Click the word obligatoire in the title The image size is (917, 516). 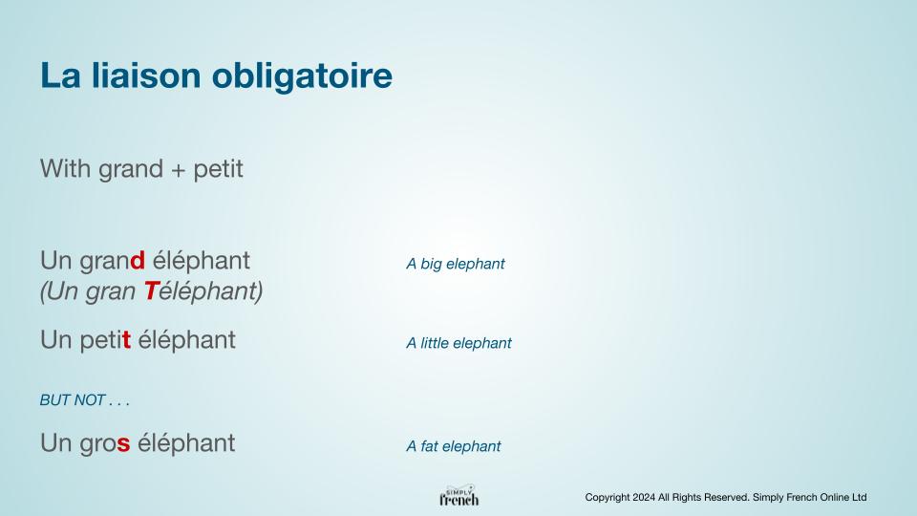(x=302, y=77)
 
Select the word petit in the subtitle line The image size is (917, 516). (x=218, y=170)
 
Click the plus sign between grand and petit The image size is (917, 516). (x=178, y=171)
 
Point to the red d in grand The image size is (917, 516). (x=138, y=260)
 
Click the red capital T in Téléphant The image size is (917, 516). (x=151, y=290)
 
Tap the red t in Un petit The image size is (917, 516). (x=126, y=340)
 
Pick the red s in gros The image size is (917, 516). (x=123, y=444)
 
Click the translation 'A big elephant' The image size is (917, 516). (x=456, y=264)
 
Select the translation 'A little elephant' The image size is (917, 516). (x=459, y=343)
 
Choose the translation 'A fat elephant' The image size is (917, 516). (x=454, y=446)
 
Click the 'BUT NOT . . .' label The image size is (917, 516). (x=85, y=400)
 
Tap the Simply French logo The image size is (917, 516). (x=459, y=496)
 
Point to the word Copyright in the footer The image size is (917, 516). (x=608, y=498)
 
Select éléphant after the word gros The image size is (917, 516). (x=186, y=443)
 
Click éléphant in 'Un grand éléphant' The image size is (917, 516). (x=201, y=261)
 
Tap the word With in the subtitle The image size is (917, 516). (x=65, y=169)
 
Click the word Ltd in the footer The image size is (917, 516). (x=859, y=497)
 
